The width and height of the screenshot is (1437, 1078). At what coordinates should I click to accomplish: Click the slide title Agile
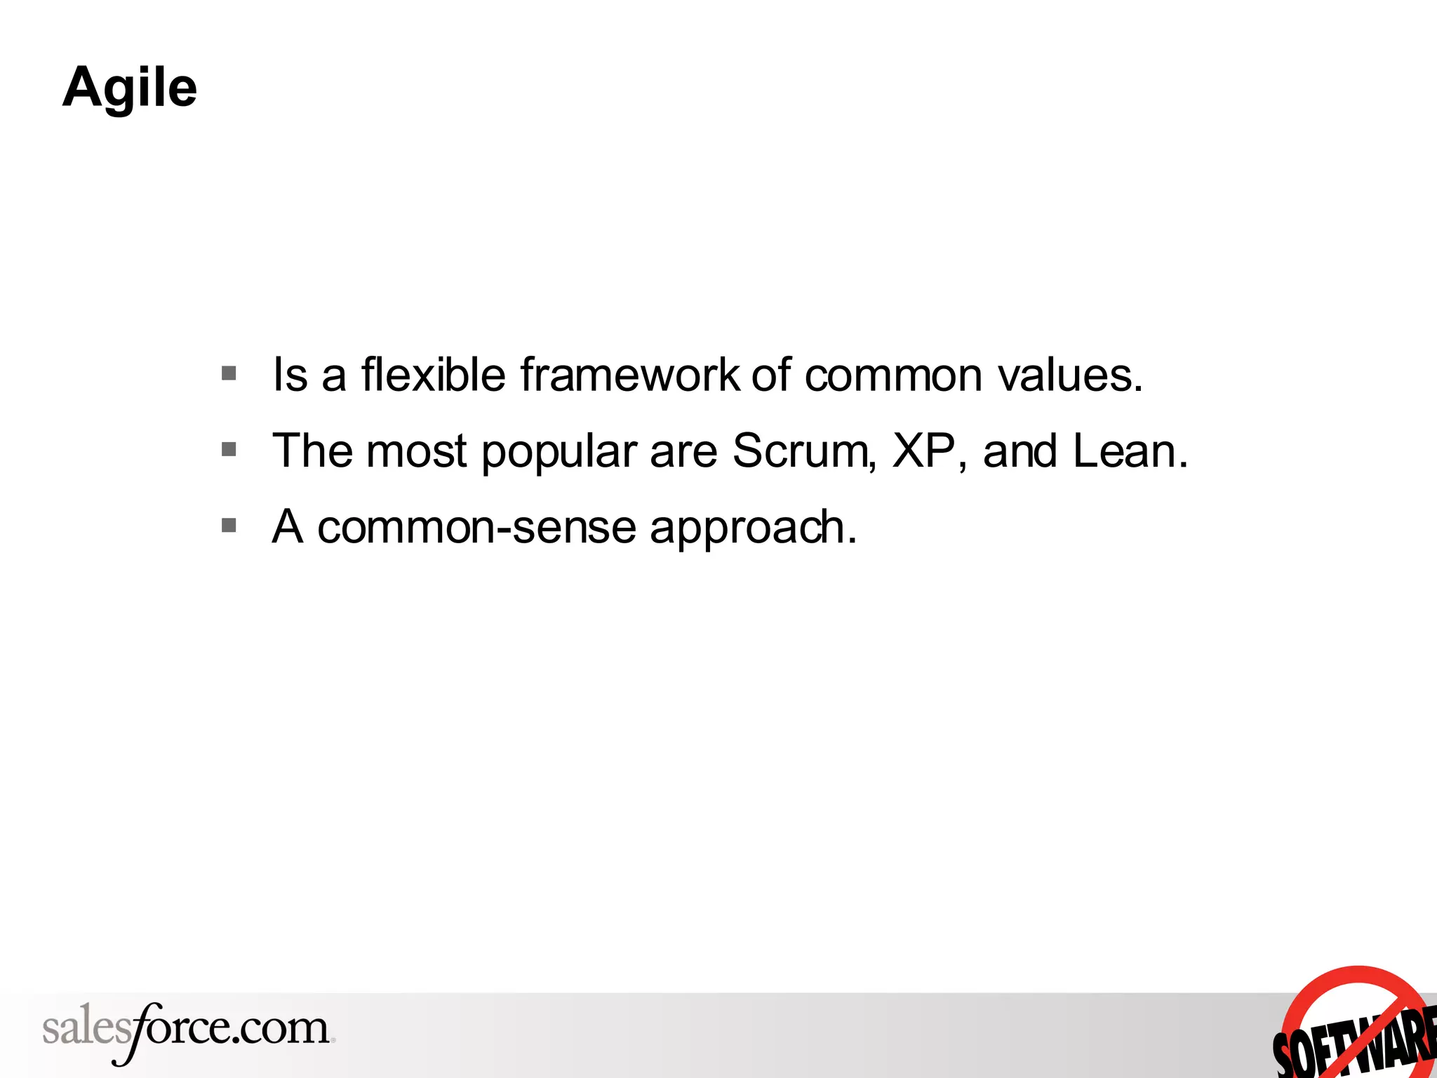(130, 88)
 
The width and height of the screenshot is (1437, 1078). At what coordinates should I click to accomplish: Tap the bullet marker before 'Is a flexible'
(229, 373)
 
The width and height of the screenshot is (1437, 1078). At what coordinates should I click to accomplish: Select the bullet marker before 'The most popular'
(229, 449)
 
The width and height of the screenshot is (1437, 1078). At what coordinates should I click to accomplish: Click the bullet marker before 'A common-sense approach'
(229, 525)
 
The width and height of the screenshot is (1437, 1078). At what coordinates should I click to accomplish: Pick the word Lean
(1129, 451)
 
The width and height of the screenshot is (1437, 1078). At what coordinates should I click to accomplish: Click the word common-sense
(476, 527)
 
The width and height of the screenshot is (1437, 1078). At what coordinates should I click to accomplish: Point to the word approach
(752, 528)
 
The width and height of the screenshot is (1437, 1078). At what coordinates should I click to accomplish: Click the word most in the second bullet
(416, 451)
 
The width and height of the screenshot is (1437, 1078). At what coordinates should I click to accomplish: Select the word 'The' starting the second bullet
(312, 451)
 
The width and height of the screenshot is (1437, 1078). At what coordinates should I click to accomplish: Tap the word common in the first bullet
(893, 375)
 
